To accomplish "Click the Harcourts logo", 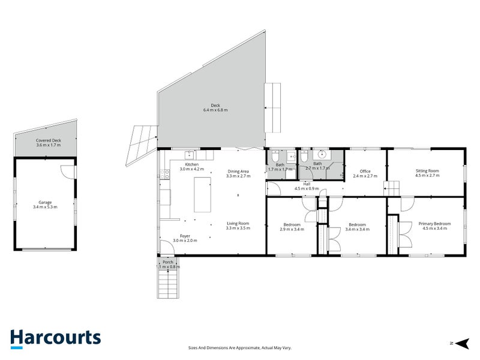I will [x=55, y=338].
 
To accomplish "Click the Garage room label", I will [x=45, y=204].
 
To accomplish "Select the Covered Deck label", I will [x=49, y=142].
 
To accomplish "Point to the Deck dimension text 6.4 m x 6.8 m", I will [x=215, y=110].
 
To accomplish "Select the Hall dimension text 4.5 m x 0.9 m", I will [x=306, y=189].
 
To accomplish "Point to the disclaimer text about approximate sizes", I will [x=239, y=347].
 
